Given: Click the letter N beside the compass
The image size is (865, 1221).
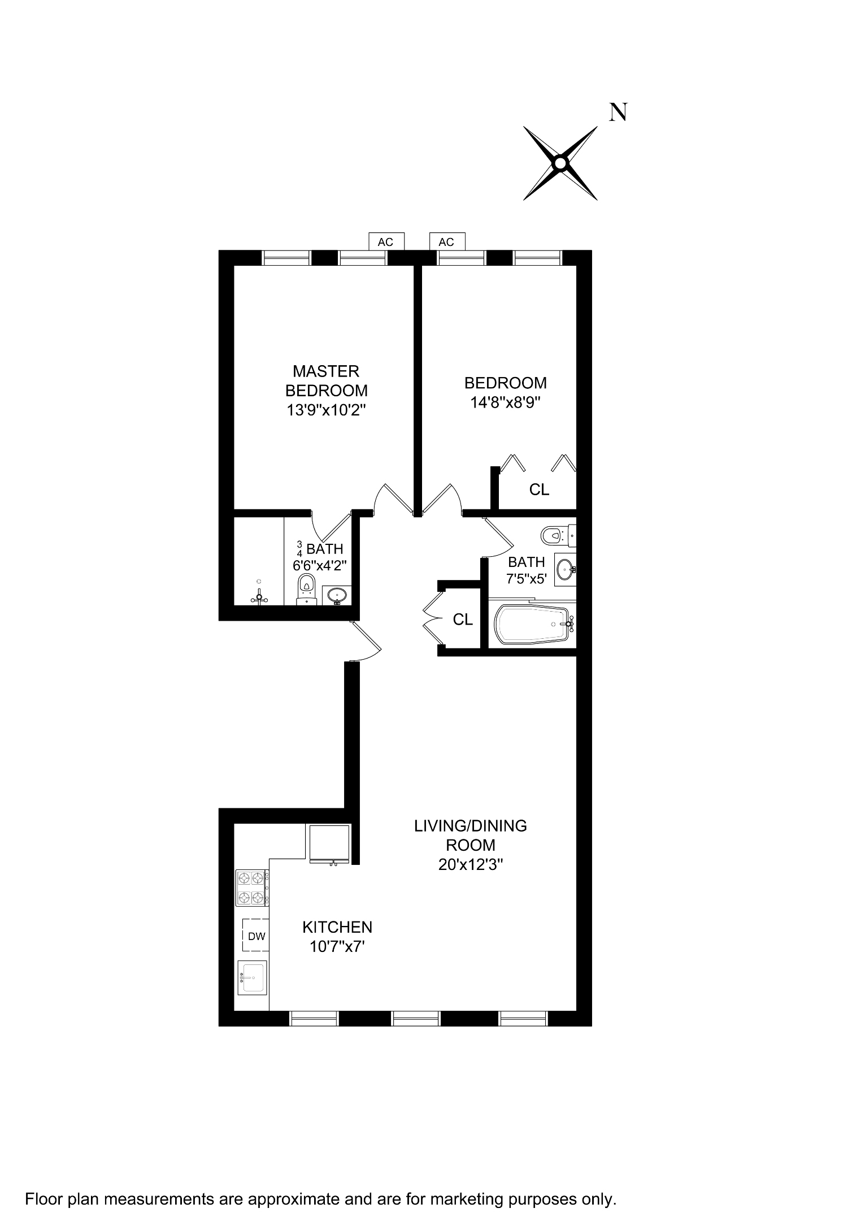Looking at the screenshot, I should (x=618, y=113).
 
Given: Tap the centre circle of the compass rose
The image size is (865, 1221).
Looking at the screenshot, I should (x=560, y=163).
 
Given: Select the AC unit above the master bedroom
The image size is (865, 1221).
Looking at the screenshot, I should (x=385, y=242).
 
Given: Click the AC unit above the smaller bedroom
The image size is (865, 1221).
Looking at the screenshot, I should (x=446, y=242).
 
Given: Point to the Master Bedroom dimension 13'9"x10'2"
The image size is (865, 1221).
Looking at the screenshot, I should (x=327, y=410).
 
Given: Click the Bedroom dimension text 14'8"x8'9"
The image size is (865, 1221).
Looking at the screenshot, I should (x=506, y=402).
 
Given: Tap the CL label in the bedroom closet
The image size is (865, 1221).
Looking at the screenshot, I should (x=539, y=490).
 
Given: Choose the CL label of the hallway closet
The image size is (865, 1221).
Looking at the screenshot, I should (x=463, y=620).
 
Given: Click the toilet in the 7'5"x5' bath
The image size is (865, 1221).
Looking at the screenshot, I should (x=557, y=534).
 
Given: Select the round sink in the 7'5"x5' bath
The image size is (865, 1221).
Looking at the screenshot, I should (x=564, y=569).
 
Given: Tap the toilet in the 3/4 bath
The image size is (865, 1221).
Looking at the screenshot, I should (x=306, y=587).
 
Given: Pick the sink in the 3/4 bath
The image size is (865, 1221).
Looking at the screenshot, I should (x=337, y=595).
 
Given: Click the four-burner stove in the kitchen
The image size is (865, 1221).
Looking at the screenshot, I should (x=251, y=888).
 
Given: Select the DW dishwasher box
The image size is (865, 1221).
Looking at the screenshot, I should (x=256, y=936).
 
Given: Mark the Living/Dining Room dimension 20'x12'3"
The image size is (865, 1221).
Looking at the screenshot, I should (x=471, y=864).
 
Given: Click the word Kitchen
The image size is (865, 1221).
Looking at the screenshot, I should (x=337, y=927).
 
